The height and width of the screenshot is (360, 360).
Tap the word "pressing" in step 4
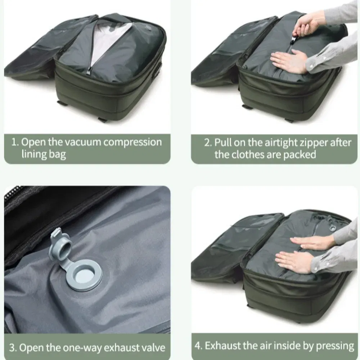coord(335,346)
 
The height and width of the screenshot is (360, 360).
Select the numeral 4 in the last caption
coord(198,346)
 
